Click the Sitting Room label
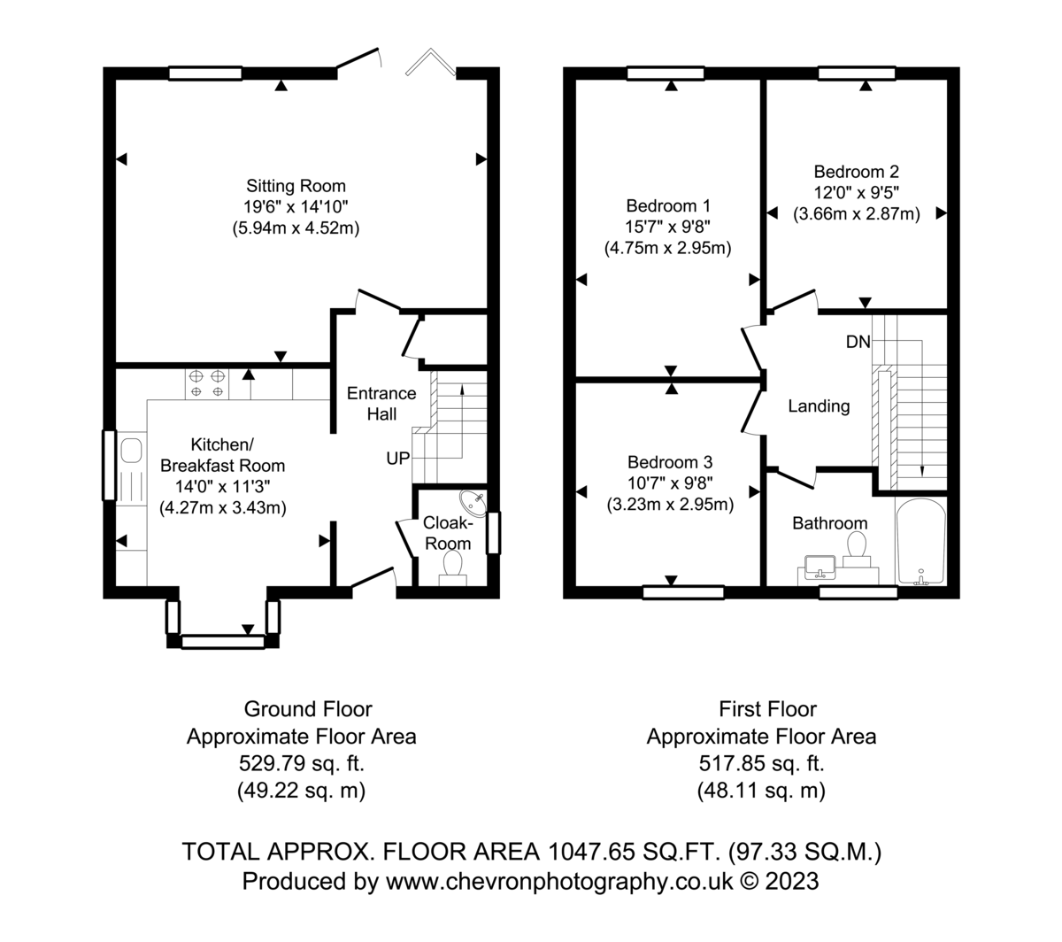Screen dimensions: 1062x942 296,186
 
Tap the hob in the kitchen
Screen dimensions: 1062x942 207,384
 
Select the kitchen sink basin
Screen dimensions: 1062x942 131,451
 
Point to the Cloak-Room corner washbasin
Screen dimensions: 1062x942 474,503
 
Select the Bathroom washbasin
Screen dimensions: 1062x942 820,568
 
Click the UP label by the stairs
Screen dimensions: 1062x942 397,459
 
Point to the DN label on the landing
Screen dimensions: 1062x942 858,342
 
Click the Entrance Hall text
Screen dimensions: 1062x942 381,404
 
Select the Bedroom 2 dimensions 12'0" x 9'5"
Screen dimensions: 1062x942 856,192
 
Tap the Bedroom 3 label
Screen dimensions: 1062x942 670,462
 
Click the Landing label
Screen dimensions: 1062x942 819,406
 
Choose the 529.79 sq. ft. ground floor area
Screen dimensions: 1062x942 302,764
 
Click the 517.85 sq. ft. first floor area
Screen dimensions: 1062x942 761,764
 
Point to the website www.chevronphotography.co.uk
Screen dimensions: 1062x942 559,882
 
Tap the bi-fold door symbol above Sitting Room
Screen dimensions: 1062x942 430,62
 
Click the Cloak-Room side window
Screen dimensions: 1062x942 493,533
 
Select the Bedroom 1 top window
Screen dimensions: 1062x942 666,73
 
